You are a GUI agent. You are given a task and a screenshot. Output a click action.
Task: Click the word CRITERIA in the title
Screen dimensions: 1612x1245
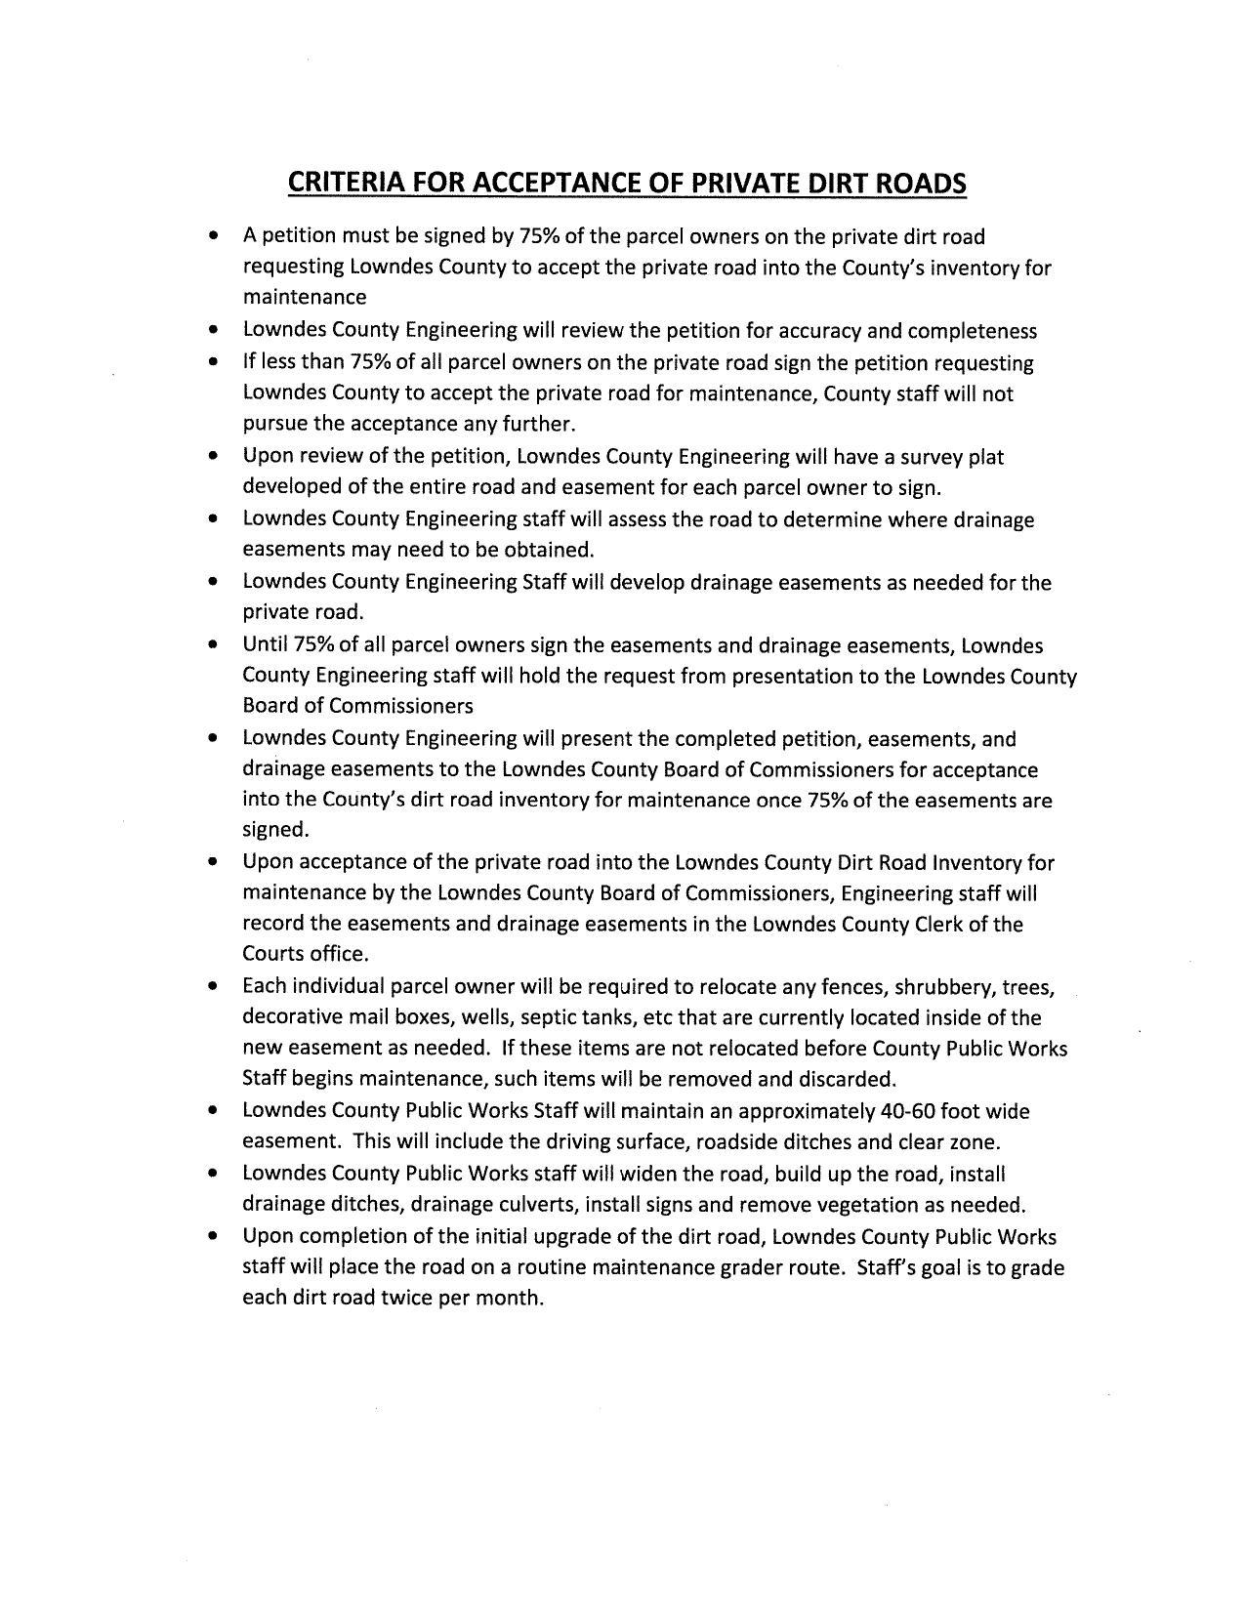[342, 184]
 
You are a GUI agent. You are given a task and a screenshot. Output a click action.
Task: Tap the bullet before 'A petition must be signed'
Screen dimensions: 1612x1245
[213, 237]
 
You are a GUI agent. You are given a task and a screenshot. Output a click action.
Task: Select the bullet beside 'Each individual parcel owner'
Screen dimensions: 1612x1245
[213, 988]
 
